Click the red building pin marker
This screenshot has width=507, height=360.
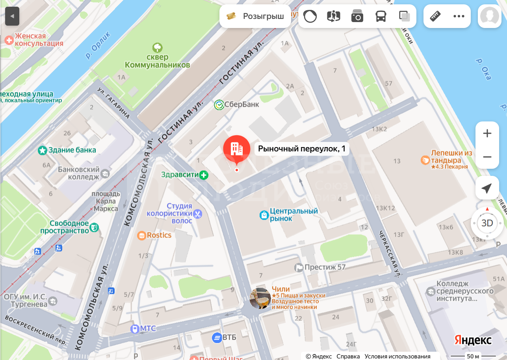[236, 149]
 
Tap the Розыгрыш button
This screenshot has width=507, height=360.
[255, 16]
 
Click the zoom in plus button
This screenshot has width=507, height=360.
[487, 133]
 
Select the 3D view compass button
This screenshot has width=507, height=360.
[487, 223]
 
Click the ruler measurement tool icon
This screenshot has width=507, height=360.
[435, 16]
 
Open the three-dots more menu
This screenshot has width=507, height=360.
[459, 16]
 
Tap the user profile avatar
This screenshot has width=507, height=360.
[490, 16]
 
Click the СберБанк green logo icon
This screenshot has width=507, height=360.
[219, 104]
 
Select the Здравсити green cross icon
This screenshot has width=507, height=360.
[203, 175]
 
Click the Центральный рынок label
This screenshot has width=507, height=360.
[293, 215]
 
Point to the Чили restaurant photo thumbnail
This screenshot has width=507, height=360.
[260, 298]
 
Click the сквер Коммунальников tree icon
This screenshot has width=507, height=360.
[157, 48]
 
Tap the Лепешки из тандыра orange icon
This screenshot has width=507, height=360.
[425, 160]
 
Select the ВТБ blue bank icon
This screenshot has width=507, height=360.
[217, 338]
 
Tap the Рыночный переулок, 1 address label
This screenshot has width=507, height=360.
[302, 149]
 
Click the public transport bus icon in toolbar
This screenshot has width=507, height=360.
[381, 16]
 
